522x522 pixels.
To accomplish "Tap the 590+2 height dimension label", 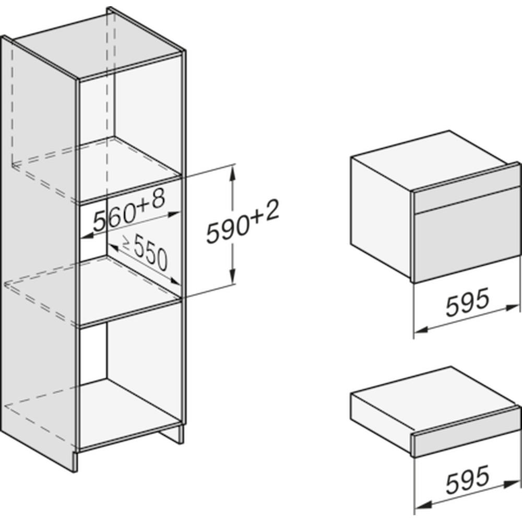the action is [x=242, y=221].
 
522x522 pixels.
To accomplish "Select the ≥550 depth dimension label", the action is [x=145, y=252].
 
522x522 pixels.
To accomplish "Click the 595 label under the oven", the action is [x=468, y=302].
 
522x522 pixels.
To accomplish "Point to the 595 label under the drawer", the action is [x=468, y=479].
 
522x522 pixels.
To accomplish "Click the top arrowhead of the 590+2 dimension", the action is [x=233, y=172].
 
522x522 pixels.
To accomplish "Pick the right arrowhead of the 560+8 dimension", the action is [x=174, y=214].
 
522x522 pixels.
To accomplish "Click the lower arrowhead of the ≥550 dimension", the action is [x=175, y=282].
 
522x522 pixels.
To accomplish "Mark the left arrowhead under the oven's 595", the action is [x=421, y=329].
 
